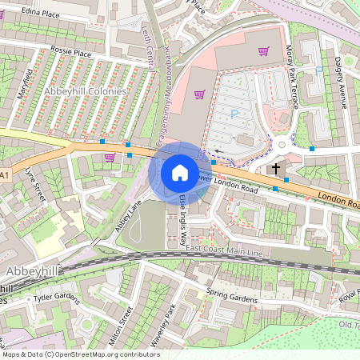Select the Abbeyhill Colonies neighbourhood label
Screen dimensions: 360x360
(x=86, y=91)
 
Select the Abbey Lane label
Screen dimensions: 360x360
(x=128, y=214)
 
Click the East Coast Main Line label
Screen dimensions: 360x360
(x=224, y=252)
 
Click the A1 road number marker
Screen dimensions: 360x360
(x=5, y=174)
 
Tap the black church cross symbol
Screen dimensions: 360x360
(x=276, y=168)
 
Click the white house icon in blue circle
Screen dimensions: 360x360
(x=180, y=172)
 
